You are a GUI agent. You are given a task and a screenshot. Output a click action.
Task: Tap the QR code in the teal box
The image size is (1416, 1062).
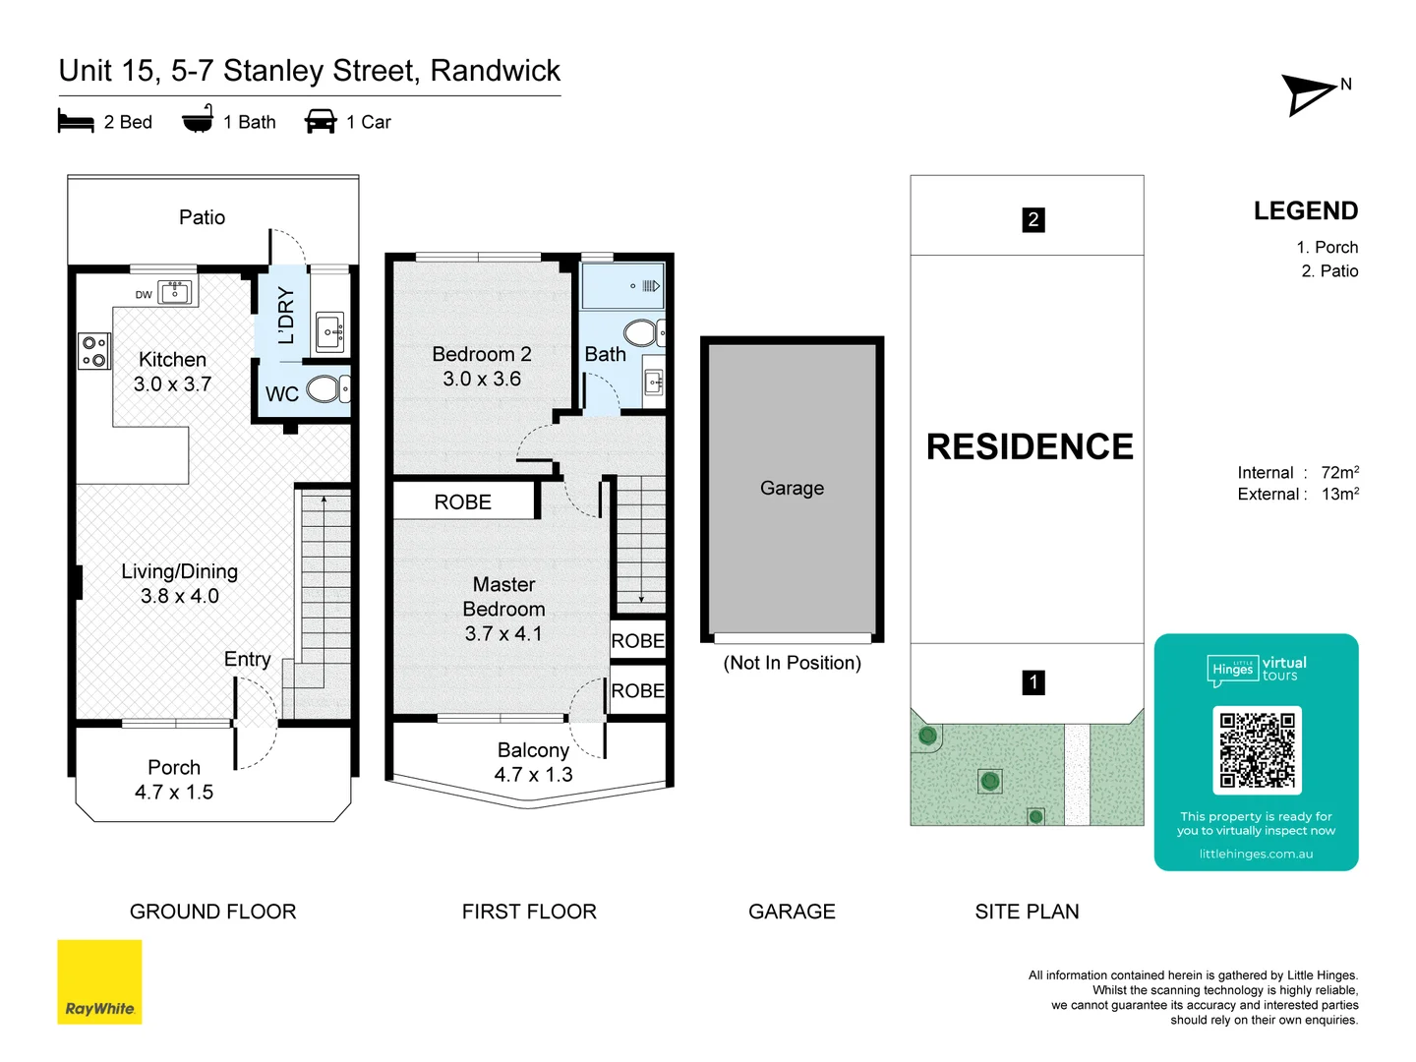[1257, 750]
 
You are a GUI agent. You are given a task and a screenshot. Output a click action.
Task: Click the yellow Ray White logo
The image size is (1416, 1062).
[99, 981]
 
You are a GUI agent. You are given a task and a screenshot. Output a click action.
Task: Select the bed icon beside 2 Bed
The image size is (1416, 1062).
[76, 122]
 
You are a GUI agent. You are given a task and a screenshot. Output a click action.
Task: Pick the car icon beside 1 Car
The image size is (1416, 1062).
[321, 122]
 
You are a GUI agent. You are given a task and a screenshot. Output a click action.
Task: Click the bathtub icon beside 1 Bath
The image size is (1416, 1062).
[198, 120]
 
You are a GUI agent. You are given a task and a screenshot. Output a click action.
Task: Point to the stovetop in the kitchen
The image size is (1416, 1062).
[94, 351]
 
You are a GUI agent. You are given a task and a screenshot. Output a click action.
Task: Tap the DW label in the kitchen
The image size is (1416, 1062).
[144, 294]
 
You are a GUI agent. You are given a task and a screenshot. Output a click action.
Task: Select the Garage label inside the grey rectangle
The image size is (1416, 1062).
[792, 488]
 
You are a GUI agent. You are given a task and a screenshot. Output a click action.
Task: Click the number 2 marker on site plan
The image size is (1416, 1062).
[1032, 219]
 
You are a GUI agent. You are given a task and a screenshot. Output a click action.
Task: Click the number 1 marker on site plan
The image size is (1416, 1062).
[1032, 682]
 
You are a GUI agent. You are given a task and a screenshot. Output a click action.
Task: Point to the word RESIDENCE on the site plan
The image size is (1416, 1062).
[1029, 446]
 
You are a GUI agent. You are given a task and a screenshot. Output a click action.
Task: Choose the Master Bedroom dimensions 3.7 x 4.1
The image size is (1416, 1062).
[503, 634]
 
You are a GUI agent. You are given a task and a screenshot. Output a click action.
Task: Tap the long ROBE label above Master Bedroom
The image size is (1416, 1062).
[462, 502]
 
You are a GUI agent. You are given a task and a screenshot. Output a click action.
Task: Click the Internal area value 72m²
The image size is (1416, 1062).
[1339, 473]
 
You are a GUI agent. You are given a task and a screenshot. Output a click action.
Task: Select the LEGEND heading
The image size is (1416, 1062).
[1305, 211]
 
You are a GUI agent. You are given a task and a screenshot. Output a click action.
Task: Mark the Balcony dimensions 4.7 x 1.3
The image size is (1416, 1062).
[533, 775]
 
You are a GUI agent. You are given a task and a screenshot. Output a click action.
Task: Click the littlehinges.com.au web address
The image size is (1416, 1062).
[1256, 854]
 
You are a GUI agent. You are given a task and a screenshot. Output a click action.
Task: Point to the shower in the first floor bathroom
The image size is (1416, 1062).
[621, 286]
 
